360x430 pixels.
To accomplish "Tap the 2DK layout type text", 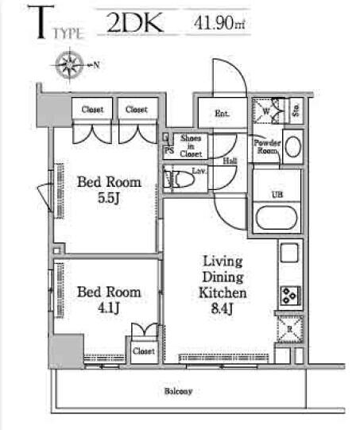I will tap(134, 21).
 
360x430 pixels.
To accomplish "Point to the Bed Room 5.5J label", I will tap(109, 188).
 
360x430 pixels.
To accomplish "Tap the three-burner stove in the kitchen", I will tap(287, 296).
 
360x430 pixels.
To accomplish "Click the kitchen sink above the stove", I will tap(288, 256).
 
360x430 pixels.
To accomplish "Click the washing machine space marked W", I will tap(266, 111).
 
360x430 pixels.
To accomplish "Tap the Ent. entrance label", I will tap(222, 114).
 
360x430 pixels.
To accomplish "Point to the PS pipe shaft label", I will tap(168, 150).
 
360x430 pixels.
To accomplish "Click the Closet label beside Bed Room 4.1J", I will tap(143, 350).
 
